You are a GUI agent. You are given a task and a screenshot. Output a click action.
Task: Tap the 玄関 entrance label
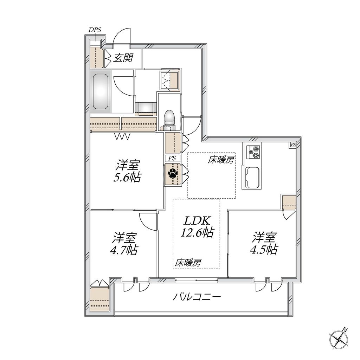point(123,58)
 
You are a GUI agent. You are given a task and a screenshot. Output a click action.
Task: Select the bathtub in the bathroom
point(101,92)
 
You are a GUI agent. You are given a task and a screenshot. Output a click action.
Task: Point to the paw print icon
point(173,173)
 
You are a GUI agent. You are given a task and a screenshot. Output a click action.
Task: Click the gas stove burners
point(254,152)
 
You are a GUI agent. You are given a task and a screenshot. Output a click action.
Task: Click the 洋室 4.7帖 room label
point(124,244)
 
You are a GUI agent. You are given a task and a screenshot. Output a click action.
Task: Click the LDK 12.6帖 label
point(197,226)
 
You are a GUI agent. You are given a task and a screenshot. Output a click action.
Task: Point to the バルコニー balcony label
point(197,297)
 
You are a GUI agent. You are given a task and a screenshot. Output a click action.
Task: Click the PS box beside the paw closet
point(172,158)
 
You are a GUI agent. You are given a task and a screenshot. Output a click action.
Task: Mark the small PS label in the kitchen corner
point(293,144)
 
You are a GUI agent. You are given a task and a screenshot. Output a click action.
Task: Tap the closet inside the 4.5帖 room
point(289,202)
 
